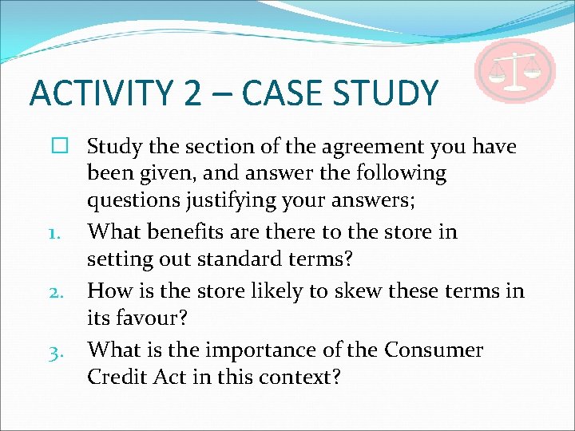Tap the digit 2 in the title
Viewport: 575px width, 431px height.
click(x=192, y=93)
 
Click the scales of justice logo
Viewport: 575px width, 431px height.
click(x=514, y=70)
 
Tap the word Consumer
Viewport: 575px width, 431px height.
click(x=434, y=350)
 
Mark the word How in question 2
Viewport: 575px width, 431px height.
click(x=109, y=291)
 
